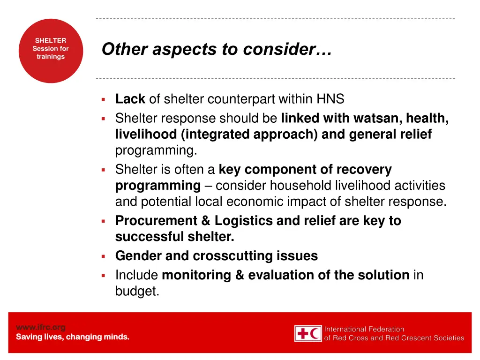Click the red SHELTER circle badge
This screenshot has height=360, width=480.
tap(51, 51)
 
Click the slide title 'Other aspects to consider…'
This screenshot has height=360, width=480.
tap(217, 49)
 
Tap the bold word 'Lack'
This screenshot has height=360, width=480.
tap(130, 99)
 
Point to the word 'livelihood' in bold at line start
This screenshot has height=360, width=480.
tap(146, 135)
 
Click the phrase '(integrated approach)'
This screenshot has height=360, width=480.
tap(249, 135)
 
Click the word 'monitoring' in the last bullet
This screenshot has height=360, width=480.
tap(196, 275)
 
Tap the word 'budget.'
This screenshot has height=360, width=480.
tap(137, 291)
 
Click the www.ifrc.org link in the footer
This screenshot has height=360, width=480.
tap(41, 327)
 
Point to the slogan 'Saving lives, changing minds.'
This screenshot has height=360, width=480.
tap(73, 337)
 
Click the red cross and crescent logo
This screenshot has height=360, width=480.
tap(308, 333)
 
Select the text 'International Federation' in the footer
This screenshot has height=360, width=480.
tap(364, 329)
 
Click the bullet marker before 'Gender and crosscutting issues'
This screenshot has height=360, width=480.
tap(103, 256)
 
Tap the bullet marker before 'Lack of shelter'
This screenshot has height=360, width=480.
tap(103, 99)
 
